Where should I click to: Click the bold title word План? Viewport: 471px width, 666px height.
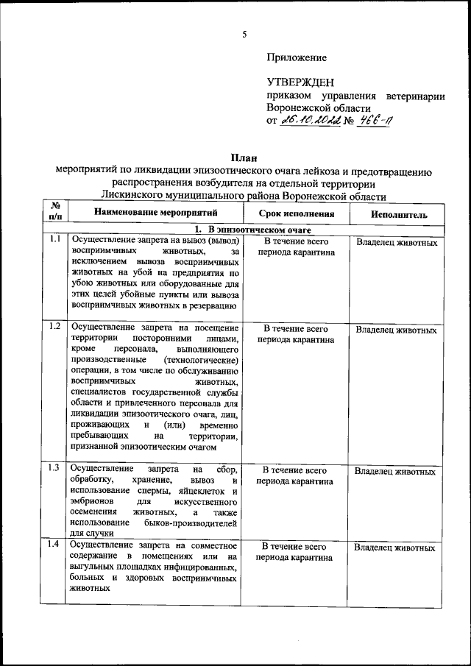243,157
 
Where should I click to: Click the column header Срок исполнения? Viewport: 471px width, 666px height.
297,214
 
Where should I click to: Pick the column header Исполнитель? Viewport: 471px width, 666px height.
398,214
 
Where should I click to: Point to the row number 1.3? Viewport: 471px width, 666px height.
54,468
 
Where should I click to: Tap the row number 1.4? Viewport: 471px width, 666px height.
54,545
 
